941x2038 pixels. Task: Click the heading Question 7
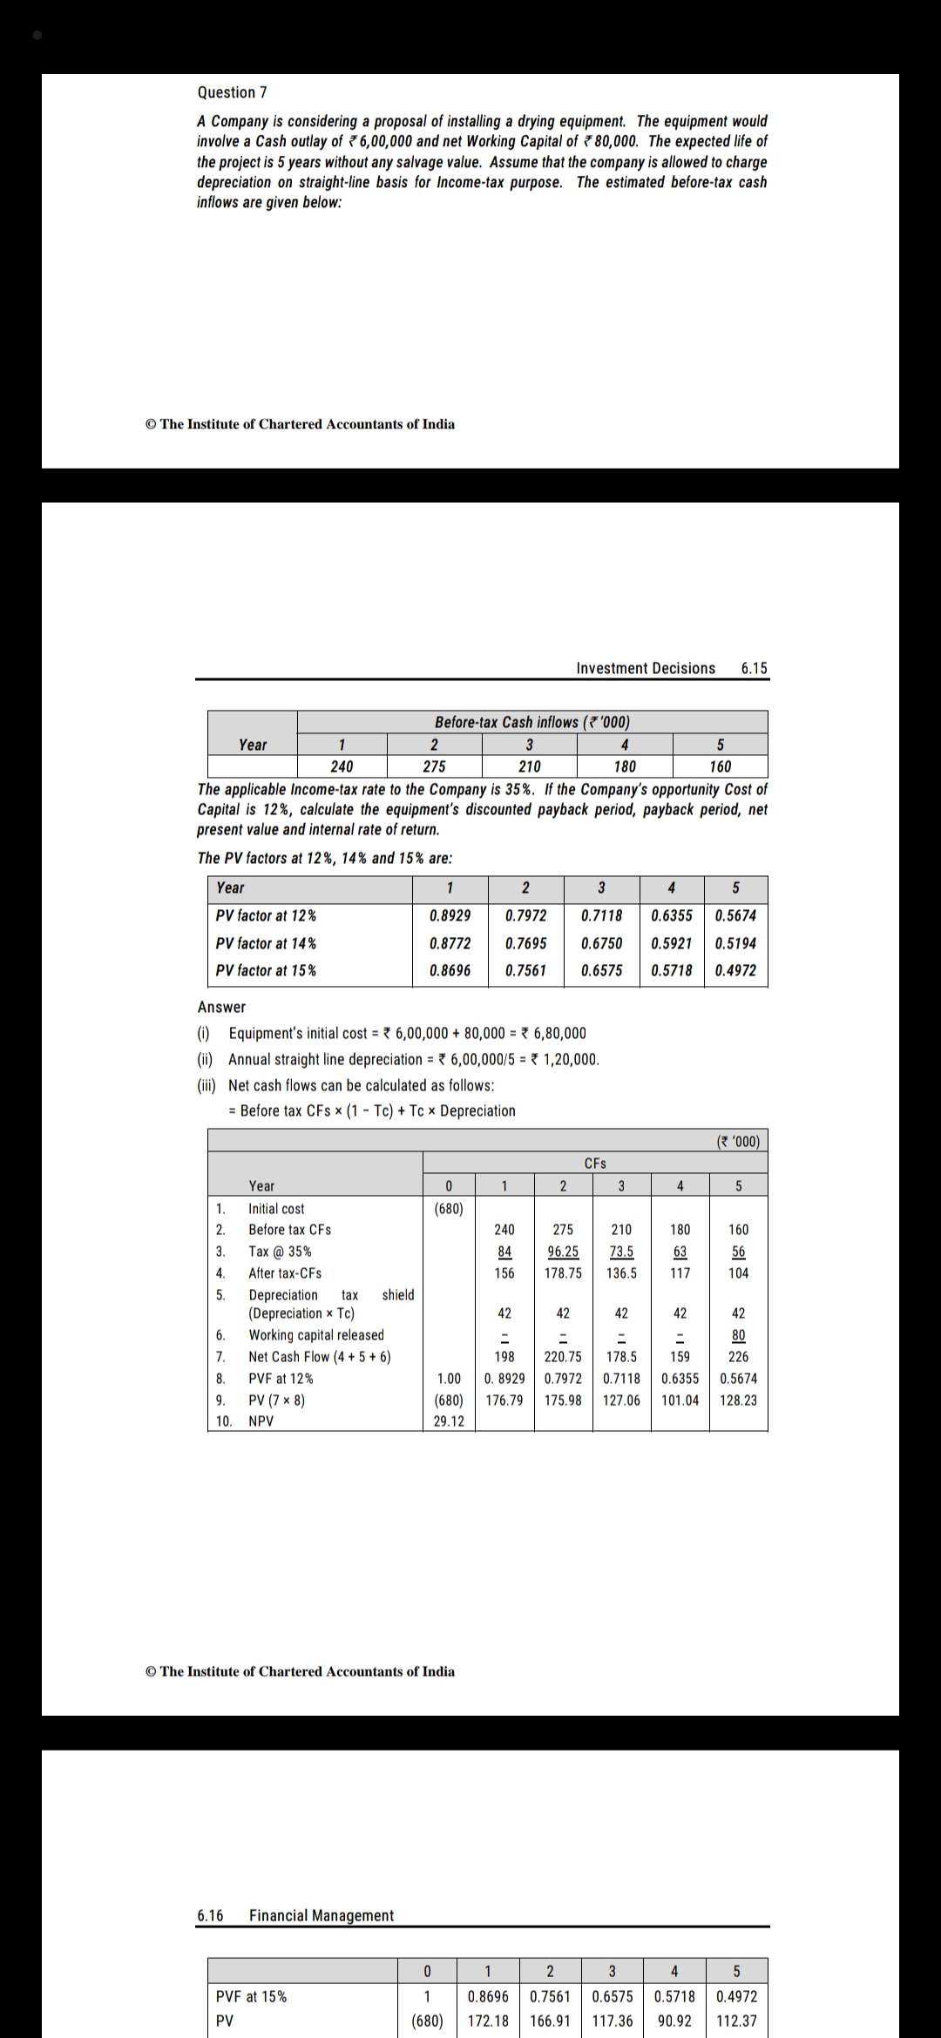pos(232,92)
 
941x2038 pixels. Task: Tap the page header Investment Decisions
pos(646,668)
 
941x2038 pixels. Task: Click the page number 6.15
pos(754,668)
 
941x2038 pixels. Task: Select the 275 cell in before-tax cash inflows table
pos(434,766)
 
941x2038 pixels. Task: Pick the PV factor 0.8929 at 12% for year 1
pos(450,915)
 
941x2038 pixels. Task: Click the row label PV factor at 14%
pos(266,943)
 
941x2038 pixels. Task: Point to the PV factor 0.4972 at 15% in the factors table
pos(735,970)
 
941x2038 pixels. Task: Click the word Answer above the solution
pos(221,1007)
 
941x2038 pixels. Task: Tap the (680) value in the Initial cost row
pos(449,1209)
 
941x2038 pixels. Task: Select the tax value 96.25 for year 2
pos(563,1252)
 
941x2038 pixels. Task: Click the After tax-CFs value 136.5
pos(621,1273)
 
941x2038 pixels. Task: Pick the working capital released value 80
pos(738,1335)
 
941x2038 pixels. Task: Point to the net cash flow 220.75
pos(563,1357)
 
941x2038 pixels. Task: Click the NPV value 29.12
pos(449,1421)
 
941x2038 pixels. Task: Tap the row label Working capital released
pos(316,1335)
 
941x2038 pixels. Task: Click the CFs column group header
pos(595,1163)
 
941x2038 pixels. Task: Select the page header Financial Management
pos(322,1915)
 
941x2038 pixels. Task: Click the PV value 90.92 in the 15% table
pos(674,2021)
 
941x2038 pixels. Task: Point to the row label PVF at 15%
pos(252,1996)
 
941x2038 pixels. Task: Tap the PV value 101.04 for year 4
pos(680,1400)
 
